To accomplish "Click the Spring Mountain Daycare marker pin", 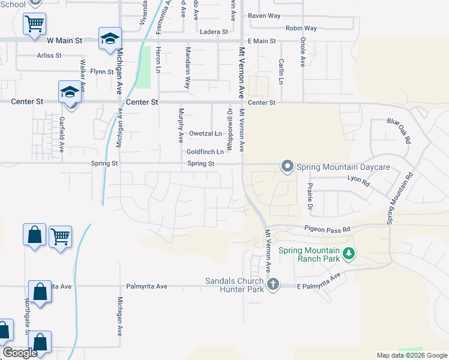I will coord(288,166).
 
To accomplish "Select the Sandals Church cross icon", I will coord(273,284).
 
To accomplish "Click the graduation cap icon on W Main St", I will coord(110,39).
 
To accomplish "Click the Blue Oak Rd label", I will coord(399,130).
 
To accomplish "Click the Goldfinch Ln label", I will coord(205,152).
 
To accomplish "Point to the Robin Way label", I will coord(301,28).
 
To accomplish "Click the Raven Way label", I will coord(264,16).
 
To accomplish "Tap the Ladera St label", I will coord(214,32).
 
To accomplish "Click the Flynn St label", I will coord(101,72).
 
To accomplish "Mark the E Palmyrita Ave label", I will coord(319,282).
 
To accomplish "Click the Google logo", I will coord(20,353).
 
